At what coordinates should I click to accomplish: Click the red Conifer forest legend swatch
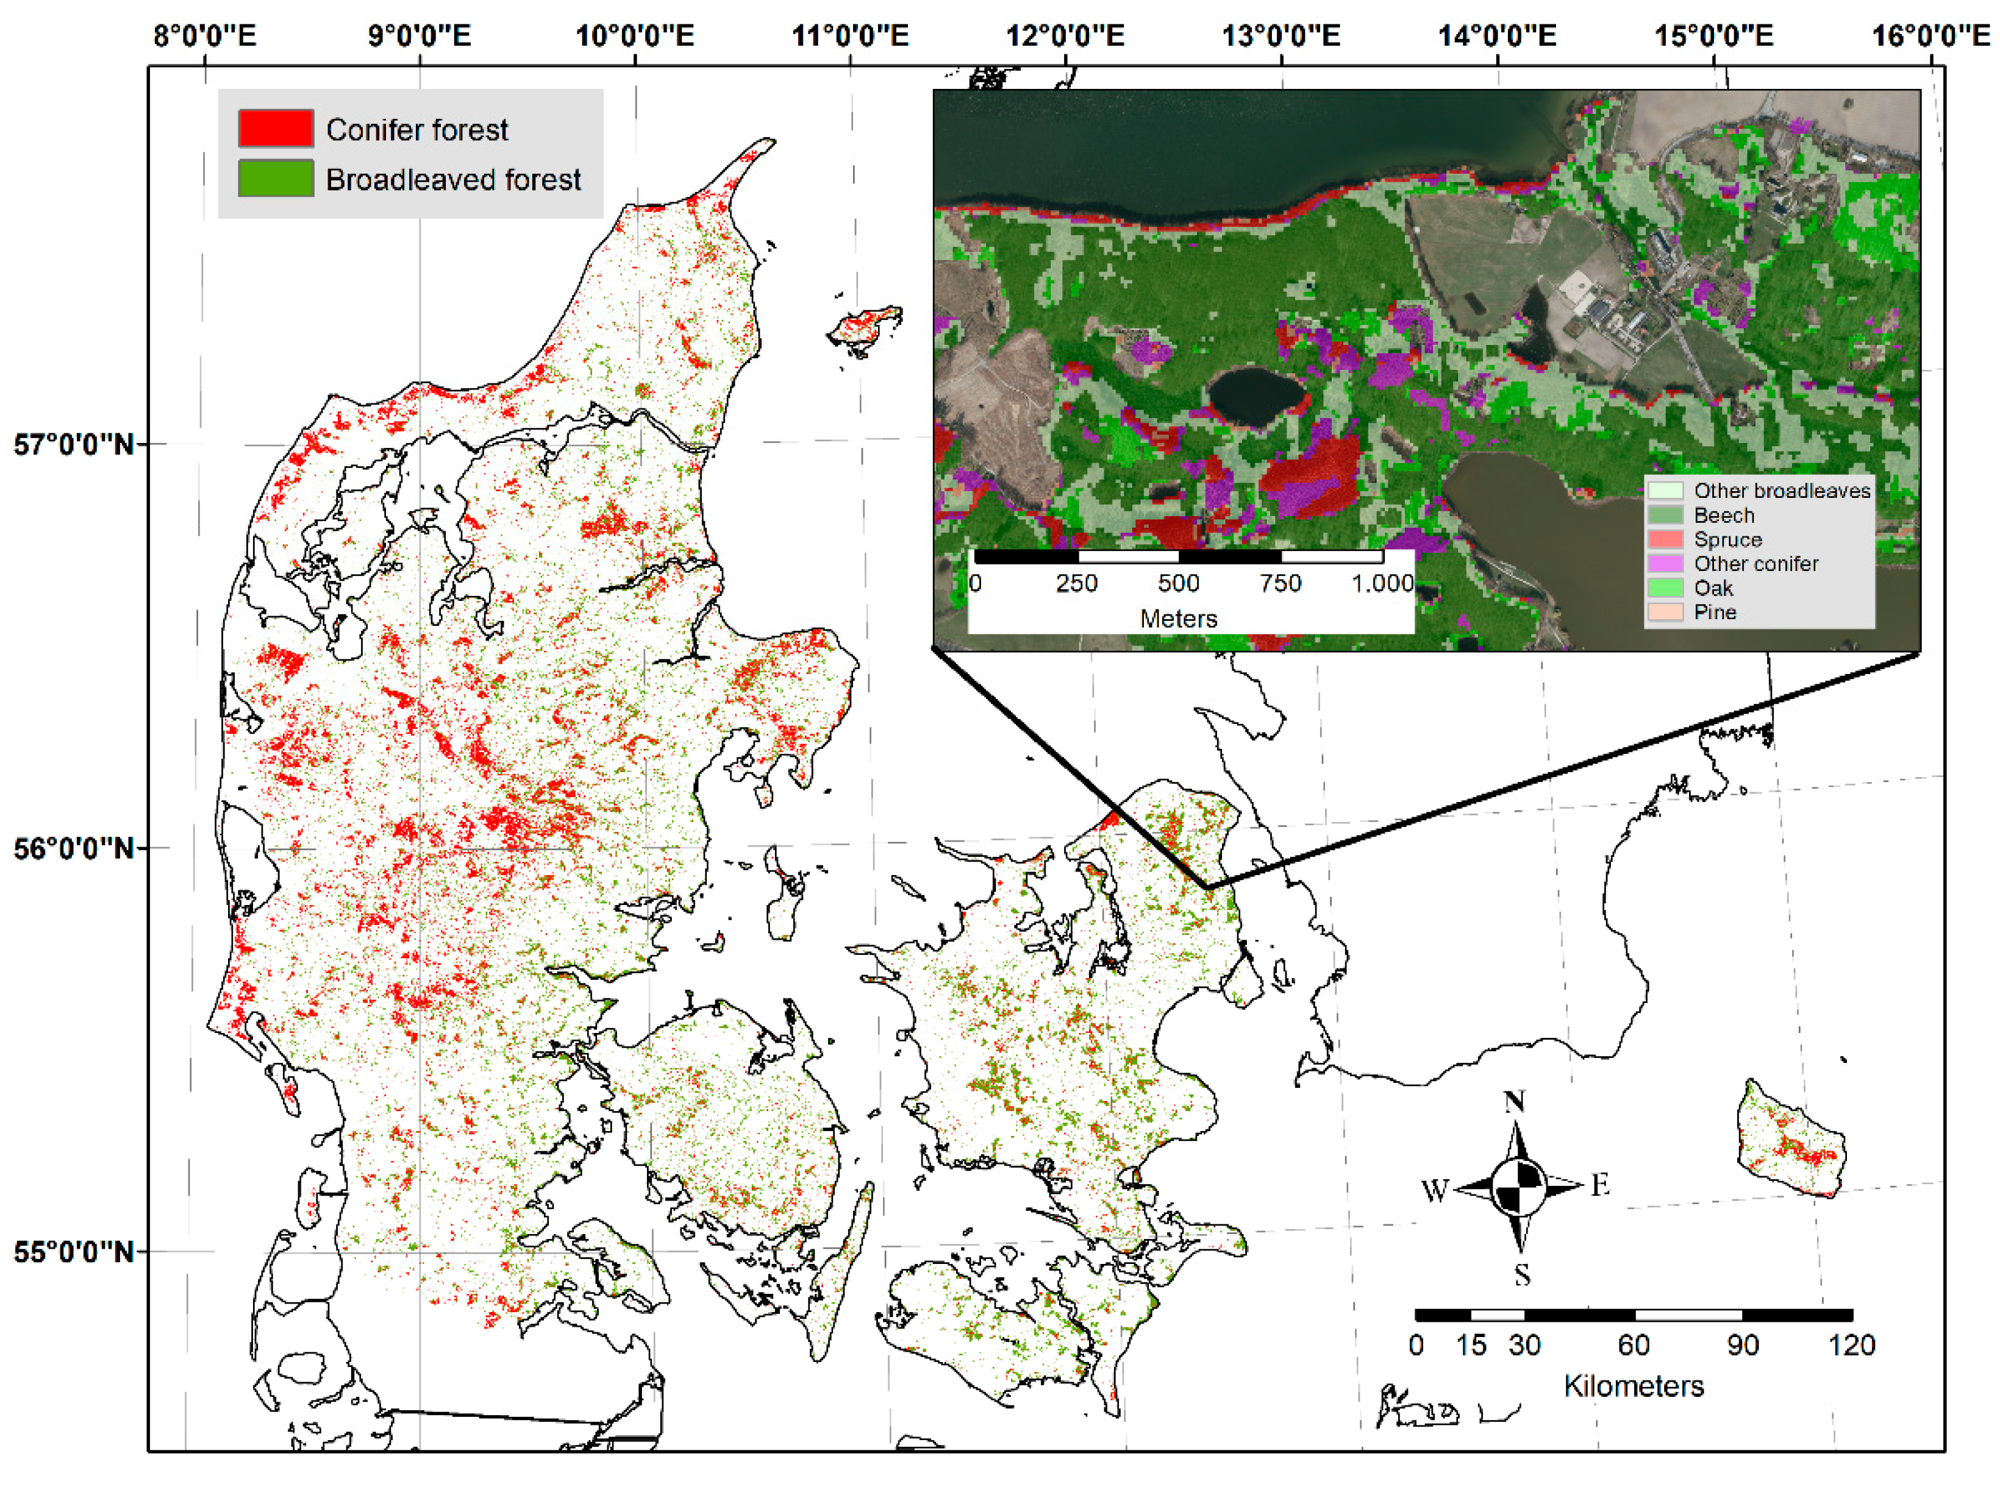[276, 129]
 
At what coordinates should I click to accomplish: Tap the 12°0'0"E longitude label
[1065, 36]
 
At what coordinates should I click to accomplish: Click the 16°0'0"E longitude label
[1930, 36]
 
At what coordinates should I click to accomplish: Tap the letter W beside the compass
[1435, 1191]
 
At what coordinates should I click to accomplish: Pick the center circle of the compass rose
[1518, 1187]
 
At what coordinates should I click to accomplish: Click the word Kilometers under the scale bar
[1634, 1386]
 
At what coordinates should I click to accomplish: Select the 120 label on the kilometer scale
[1851, 1346]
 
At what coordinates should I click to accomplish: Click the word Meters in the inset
[1178, 619]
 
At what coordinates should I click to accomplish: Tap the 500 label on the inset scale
[1178, 583]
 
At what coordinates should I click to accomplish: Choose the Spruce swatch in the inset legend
[1665, 539]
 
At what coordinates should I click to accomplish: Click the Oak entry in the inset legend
[1713, 587]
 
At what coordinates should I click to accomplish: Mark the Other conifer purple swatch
[1665, 564]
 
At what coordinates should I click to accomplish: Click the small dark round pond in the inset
[1255, 396]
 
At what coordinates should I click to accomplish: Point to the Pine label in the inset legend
[1715, 612]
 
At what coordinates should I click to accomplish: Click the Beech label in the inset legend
[1724, 515]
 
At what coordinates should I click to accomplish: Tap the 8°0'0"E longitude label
[205, 36]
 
